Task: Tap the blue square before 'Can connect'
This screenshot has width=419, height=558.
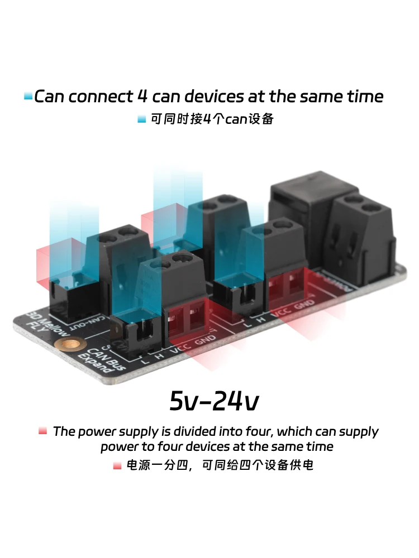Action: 28,97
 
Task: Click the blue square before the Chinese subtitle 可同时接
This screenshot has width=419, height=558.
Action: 141,119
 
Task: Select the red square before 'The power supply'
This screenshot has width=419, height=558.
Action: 42,431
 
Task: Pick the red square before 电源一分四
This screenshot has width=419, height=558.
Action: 117,465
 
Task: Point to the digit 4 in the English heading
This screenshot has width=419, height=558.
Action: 142,97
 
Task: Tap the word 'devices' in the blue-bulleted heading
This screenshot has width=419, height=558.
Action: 212,97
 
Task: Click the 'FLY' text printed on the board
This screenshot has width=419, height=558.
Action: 39,329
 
